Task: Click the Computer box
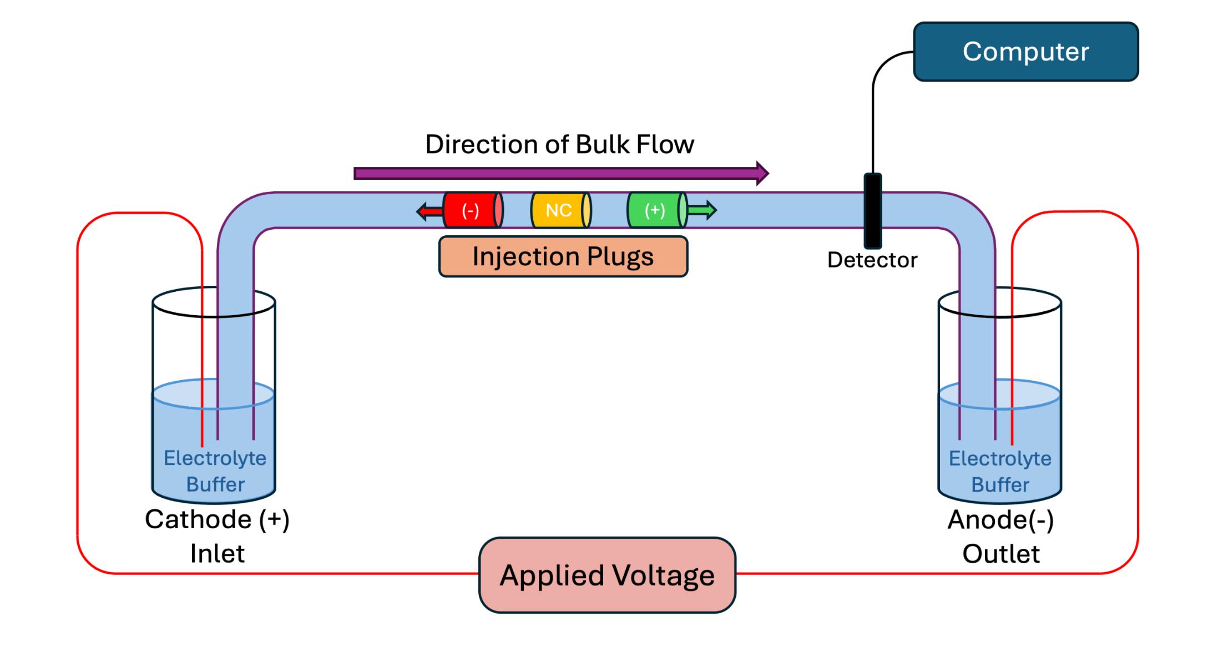coord(1025,52)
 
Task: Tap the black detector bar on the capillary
coord(872,211)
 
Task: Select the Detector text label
coord(872,260)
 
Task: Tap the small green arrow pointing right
coord(703,210)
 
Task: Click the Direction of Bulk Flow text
coord(559,144)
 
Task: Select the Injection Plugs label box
coord(563,256)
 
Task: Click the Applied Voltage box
coord(607,575)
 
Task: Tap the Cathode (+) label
coord(217,519)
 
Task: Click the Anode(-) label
coord(1000,520)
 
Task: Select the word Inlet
coord(217,553)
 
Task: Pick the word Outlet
coord(1000,554)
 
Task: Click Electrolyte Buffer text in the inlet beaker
coord(215,471)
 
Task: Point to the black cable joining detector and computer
coord(873,111)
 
